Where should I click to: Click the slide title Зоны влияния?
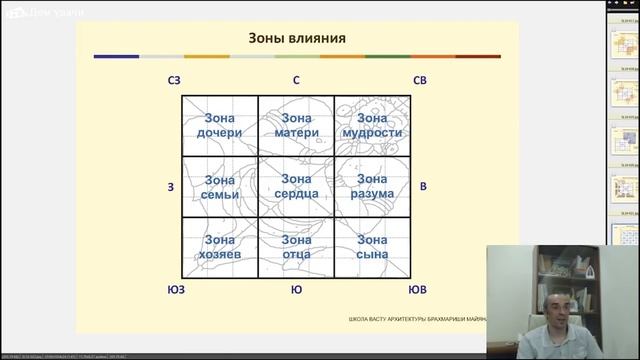point(297,39)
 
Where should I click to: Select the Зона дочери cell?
point(219,124)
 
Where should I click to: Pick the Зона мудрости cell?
point(372,124)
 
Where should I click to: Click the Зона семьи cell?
point(219,186)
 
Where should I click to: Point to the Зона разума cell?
point(372,186)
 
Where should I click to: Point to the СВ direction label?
point(421,80)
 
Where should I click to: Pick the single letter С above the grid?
point(296,80)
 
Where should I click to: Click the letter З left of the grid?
point(171,187)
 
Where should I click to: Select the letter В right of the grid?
point(423,187)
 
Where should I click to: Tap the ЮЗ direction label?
point(174,290)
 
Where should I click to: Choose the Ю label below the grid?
point(296,290)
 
